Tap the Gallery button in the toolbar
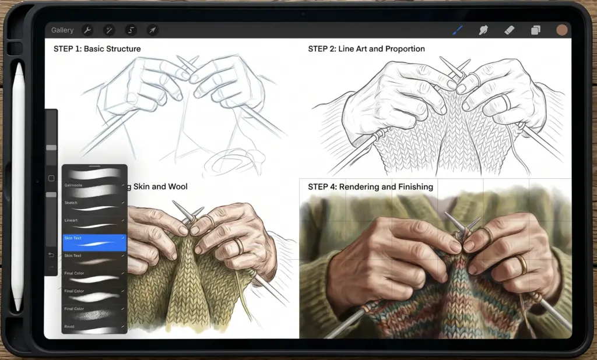(62, 30)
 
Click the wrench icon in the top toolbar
(88, 30)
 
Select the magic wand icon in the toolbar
(109, 30)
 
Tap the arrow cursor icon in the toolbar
(152, 30)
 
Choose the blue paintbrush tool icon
(458, 30)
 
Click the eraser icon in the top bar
(509, 30)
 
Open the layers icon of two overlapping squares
(535, 30)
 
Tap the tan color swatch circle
(562, 30)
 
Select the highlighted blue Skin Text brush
(94, 242)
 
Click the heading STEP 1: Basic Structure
(97, 49)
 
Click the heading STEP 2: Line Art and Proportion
(366, 49)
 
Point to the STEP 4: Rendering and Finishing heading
(370, 187)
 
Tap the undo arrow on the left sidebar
(51, 255)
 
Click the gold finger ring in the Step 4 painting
(521, 266)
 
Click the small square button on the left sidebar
(51, 178)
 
